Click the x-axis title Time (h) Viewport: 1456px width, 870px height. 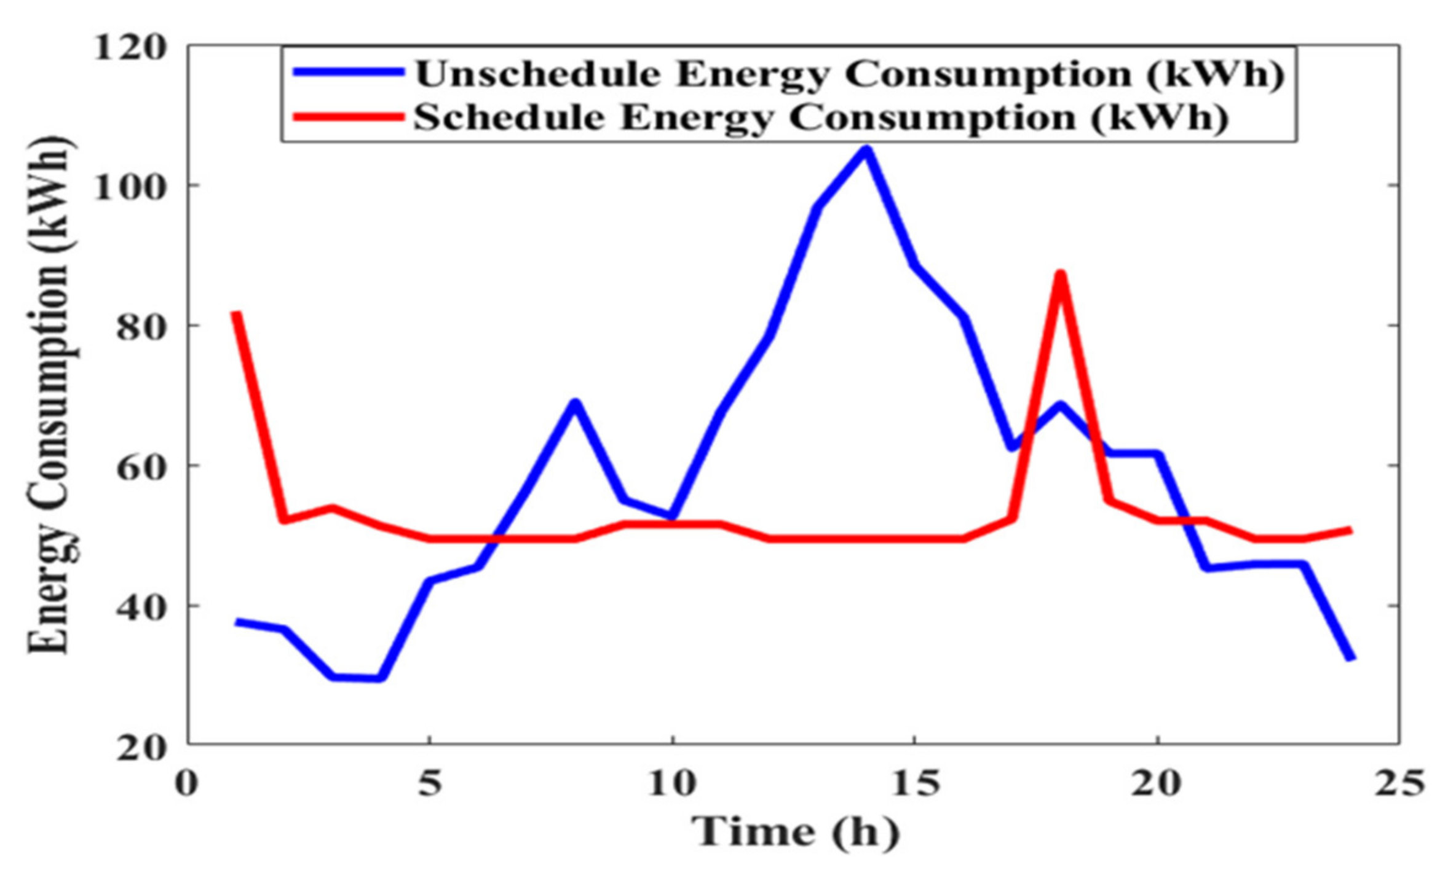pyautogui.click(x=796, y=833)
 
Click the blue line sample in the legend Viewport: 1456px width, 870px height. pyautogui.click(x=349, y=72)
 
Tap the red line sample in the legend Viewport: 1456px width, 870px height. pyautogui.click(x=349, y=116)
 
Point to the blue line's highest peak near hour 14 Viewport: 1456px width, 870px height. pyautogui.click(x=866, y=150)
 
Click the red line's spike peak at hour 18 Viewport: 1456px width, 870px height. pyautogui.click(x=1059, y=274)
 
